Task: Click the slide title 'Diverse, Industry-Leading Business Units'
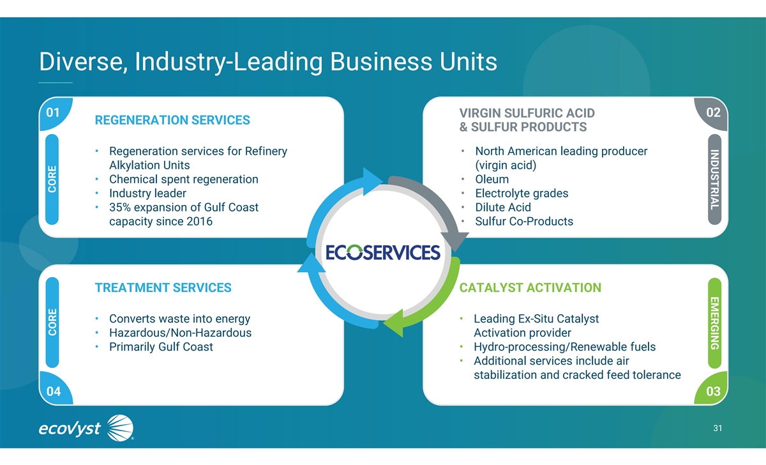pos(267,63)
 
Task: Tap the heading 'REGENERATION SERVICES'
pos(172,120)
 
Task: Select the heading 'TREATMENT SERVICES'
pos(163,287)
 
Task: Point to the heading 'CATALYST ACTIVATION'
pos(530,287)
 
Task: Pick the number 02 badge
pos(713,113)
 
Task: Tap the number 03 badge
pos(713,390)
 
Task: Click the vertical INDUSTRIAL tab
pos(715,178)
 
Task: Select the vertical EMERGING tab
pos(715,323)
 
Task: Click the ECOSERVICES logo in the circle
pos(383,252)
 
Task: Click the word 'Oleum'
pos(492,179)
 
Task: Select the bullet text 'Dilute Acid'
pos(503,208)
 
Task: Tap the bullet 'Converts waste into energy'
pos(179,319)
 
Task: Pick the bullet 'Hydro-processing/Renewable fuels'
pos(564,347)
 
